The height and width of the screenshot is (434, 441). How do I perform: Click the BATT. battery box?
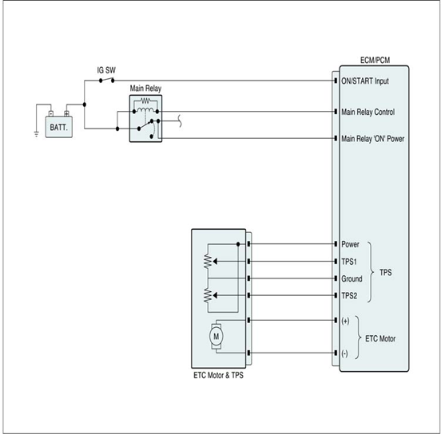59,127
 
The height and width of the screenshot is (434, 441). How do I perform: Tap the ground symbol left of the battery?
36,134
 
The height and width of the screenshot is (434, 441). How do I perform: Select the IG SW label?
106,70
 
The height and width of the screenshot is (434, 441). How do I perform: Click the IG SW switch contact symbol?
106,80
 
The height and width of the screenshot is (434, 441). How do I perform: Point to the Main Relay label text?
145,89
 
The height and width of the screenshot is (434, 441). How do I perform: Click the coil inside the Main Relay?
145,109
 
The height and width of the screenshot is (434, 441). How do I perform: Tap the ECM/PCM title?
375,61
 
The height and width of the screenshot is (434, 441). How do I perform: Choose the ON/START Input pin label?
365,81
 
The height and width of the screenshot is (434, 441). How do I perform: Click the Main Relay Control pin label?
367,112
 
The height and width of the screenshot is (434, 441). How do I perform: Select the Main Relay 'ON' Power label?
372,139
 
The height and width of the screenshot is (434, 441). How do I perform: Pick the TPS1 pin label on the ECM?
349,262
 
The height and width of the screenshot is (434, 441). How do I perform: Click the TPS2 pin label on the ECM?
349,296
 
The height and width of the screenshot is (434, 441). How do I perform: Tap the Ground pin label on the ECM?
352,279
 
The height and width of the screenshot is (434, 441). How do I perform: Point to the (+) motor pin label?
345,321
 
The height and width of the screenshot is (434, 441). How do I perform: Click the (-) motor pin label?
344,353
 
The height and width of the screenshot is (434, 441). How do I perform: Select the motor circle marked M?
216,336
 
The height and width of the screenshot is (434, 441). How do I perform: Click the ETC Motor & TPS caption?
219,375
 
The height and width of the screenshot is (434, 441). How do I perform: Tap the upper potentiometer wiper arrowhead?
215,262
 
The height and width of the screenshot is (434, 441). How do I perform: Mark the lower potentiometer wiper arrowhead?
215,295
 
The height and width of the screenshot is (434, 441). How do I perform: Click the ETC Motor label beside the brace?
380,338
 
